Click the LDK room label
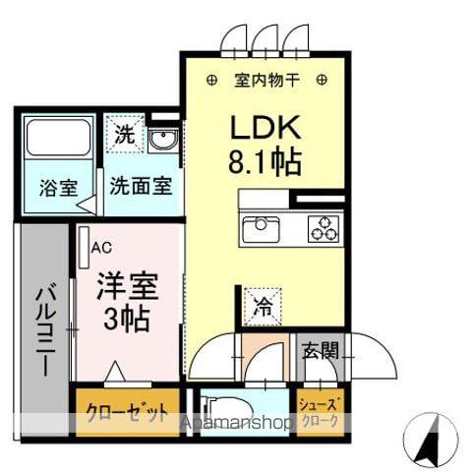(265, 128)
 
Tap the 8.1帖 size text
(265, 161)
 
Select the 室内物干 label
(266, 80)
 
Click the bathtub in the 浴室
(58, 138)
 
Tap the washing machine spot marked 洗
(125, 134)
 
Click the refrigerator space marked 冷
(264, 307)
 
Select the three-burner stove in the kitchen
(324, 229)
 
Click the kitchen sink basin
(261, 229)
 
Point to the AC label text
(101, 248)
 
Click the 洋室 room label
(128, 286)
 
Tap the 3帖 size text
(127, 319)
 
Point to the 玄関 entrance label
(320, 350)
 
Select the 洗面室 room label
(141, 187)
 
